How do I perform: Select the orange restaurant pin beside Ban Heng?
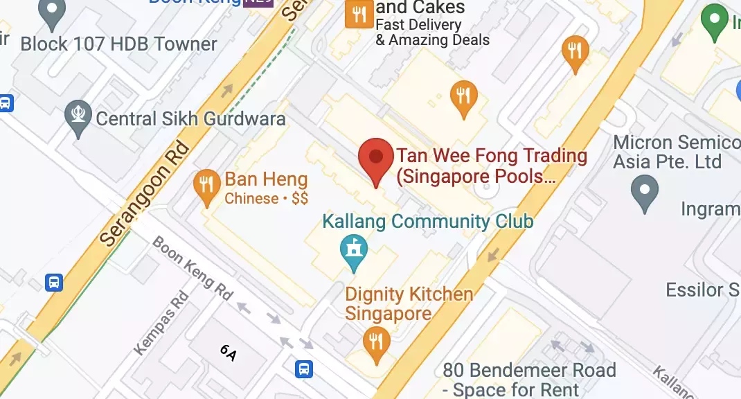[x=206, y=187]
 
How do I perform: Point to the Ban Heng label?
[x=266, y=180]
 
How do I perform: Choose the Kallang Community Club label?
[x=428, y=222]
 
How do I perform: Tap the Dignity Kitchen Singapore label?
[x=409, y=303]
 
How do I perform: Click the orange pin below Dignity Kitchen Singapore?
[x=376, y=344]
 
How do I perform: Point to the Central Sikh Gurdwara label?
[x=190, y=118]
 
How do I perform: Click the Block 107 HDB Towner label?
[x=118, y=44]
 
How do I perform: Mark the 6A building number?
[x=229, y=353]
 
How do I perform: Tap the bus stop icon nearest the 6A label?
[x=303, y=369]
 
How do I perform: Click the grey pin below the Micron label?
[x=645, y=193]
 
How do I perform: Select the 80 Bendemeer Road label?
[x=529, y=380]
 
